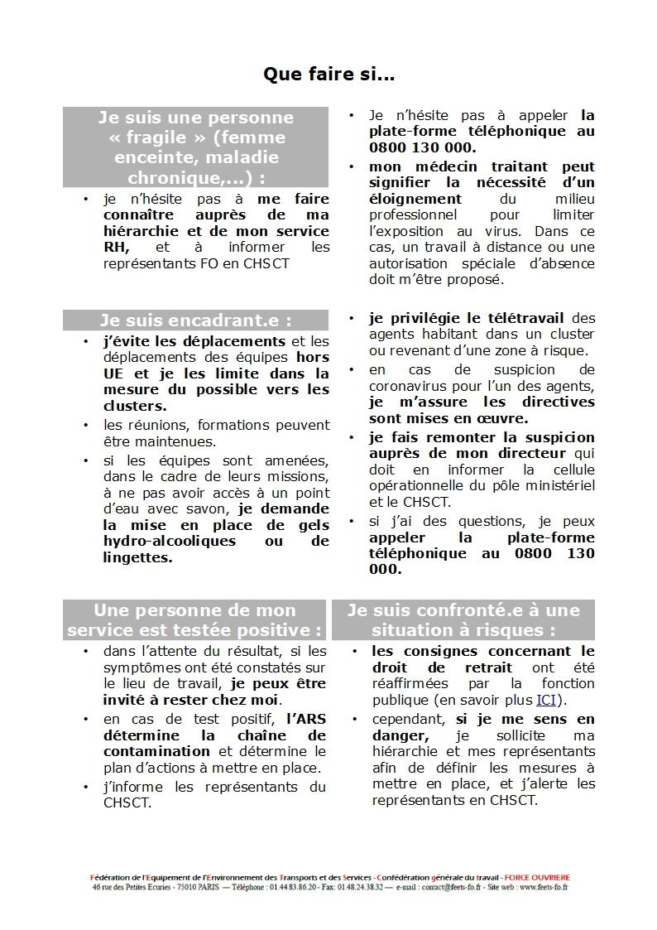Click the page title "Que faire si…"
(328, 75)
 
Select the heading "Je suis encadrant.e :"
(196, 320)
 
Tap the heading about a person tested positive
(196, 620)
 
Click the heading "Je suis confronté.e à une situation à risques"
(463, 620)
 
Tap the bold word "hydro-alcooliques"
(170, 541)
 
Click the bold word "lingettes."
(138, 557)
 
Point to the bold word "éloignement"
(415, 199)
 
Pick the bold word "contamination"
(156, 751)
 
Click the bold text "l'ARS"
(306, 719)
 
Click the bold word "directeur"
(530, 454)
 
